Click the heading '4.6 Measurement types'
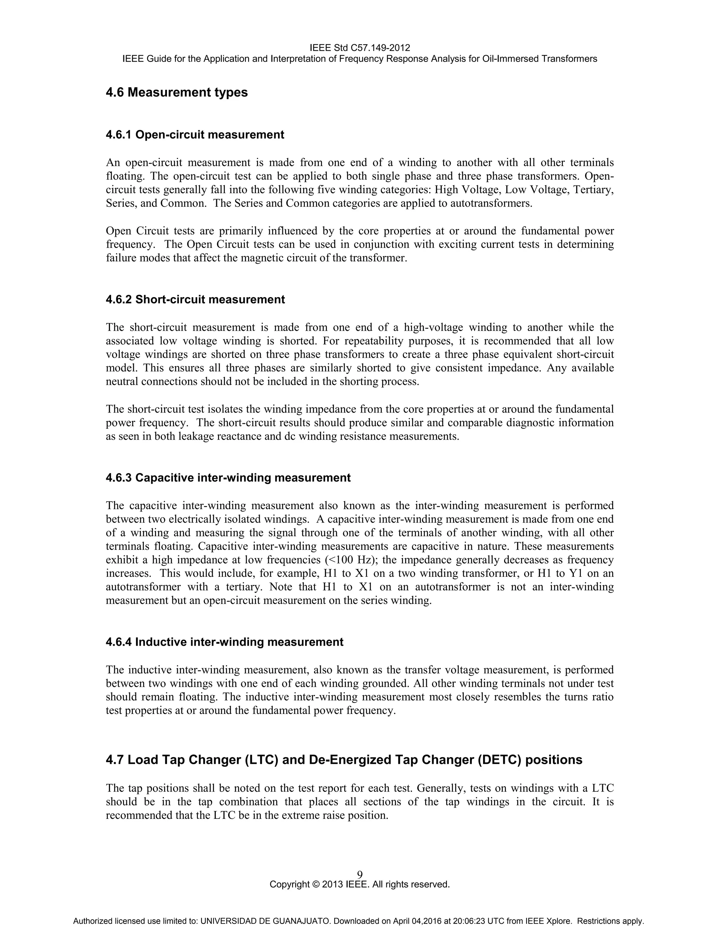tap(176, 92)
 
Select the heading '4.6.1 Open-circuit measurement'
tap(194, 135)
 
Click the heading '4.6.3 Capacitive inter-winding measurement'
tap(228, 478)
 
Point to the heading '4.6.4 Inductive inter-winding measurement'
tap(224, 642)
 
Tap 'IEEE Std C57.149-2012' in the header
tap(360, 48)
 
